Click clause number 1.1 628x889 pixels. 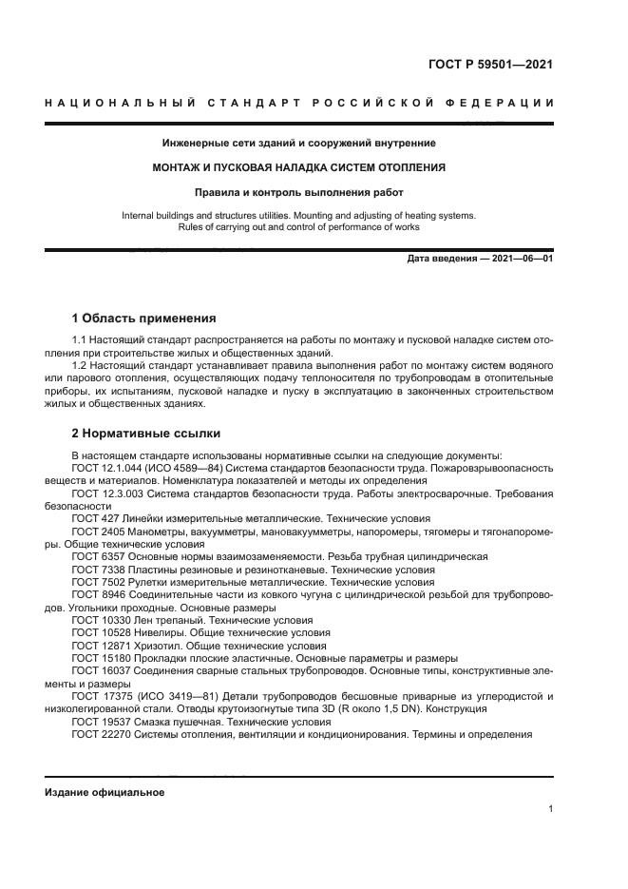click(x=80, y=339)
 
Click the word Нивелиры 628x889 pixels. click(x=155, y=632)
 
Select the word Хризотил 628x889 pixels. click(x=155, y=645)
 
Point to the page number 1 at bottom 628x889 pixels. click(x=551, y=809)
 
